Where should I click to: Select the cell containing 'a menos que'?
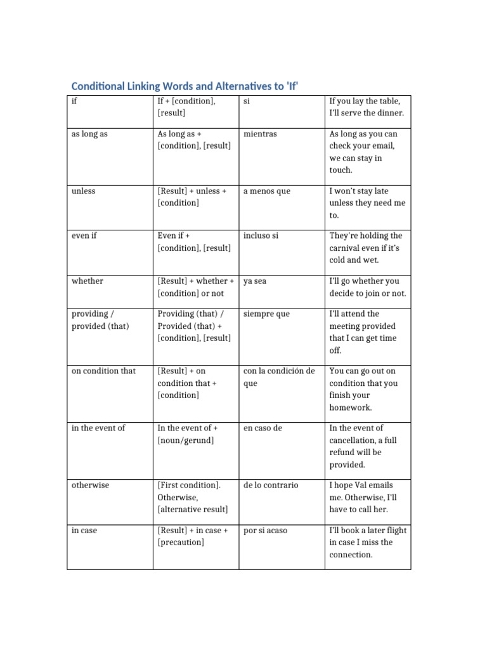pyautogui.click(x=266, y=191)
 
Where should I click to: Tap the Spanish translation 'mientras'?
pyautogui.click(x=260, y=134)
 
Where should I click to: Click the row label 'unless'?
pyautogui.click(x=84, y=191)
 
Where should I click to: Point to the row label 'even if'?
pyautogui.click(x=84, y=235)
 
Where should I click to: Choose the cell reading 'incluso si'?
pyautogui.click(x=261, y=235)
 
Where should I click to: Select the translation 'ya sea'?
pyautogui.click(x=255, y=281)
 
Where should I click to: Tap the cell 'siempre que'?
pyautogui.click(x=266, y=314)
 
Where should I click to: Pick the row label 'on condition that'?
pyautogui.click(x=103, y=371)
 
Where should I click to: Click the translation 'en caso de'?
pyautogui.click(x=263, y=428)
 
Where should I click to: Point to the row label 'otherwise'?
pyautogui.click(x=90, y=485)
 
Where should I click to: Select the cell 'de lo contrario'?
pyautogui.click(x=270, y=485)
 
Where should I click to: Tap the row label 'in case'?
pyautogui.click(x=84, y=530)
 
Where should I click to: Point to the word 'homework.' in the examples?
pyautogui.click(x=351, y=408)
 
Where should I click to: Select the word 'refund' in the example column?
pyautogui.click(x=342, y=452)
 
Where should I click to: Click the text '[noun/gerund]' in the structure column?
pyautogui.click(x=186, y=440)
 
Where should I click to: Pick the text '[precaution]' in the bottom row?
pyautogui.click(x=181, y=542)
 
